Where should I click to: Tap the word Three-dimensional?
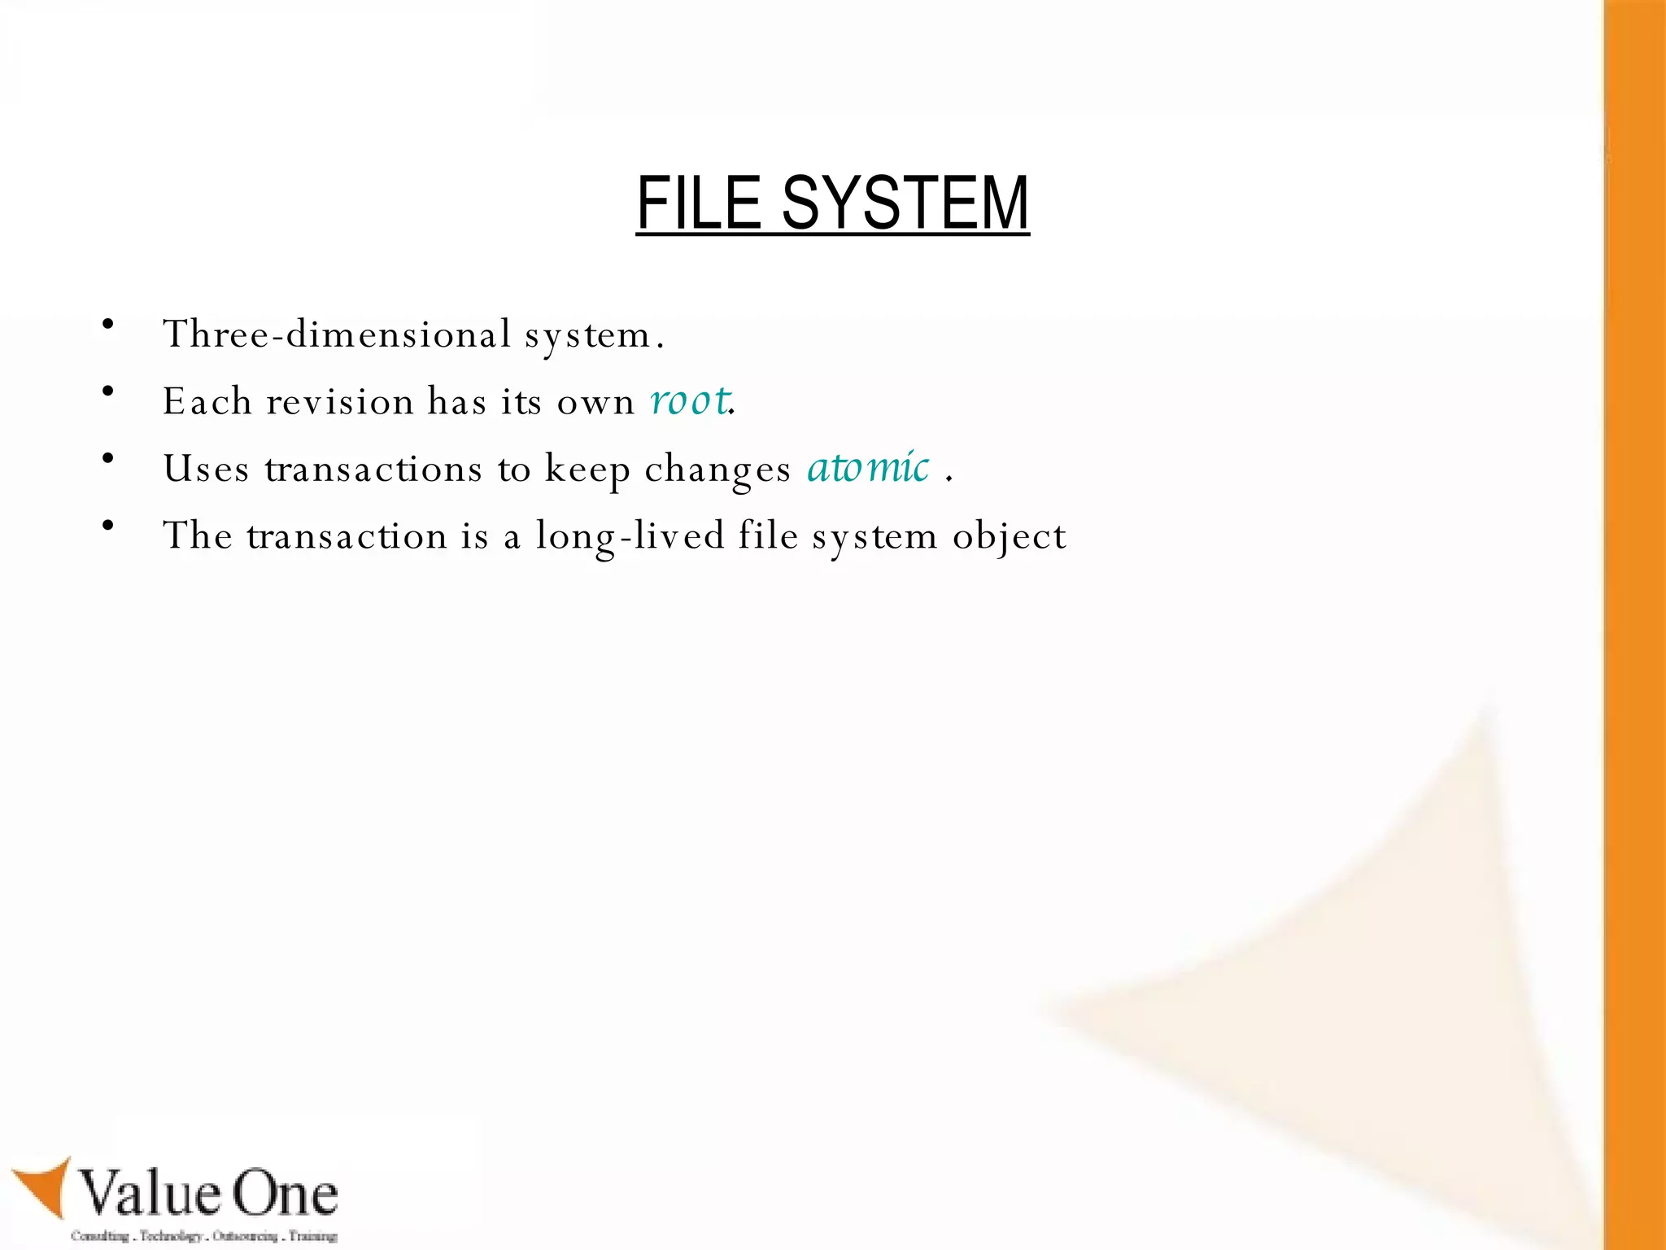[337, 334]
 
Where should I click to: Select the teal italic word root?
[689, 400]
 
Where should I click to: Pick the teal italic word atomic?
[868, 468]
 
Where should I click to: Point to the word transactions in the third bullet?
[373, 470]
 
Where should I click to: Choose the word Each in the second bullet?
[207, 402]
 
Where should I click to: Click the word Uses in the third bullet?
[206, 470]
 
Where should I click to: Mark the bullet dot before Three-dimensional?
[108, 325]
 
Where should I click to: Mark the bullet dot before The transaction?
[108, 526]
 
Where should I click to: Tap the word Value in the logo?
[151, 1194]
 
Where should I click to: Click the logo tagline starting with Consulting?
[203, 1235]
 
